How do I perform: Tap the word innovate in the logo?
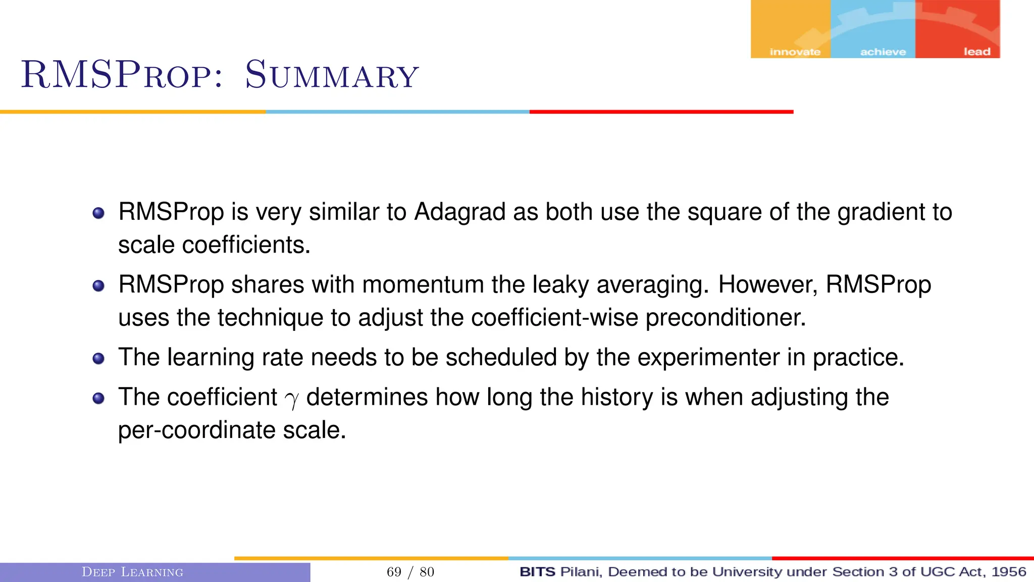pos(795,52)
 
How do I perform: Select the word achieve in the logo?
pos(883,52)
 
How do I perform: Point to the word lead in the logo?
pos(976,52)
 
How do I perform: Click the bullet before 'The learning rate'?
pos(98,359)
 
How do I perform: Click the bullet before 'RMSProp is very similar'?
pos(98,213)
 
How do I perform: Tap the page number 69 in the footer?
pos(394,572)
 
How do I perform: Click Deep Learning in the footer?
pos(132,572)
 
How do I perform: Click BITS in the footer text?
pos(537,572)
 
